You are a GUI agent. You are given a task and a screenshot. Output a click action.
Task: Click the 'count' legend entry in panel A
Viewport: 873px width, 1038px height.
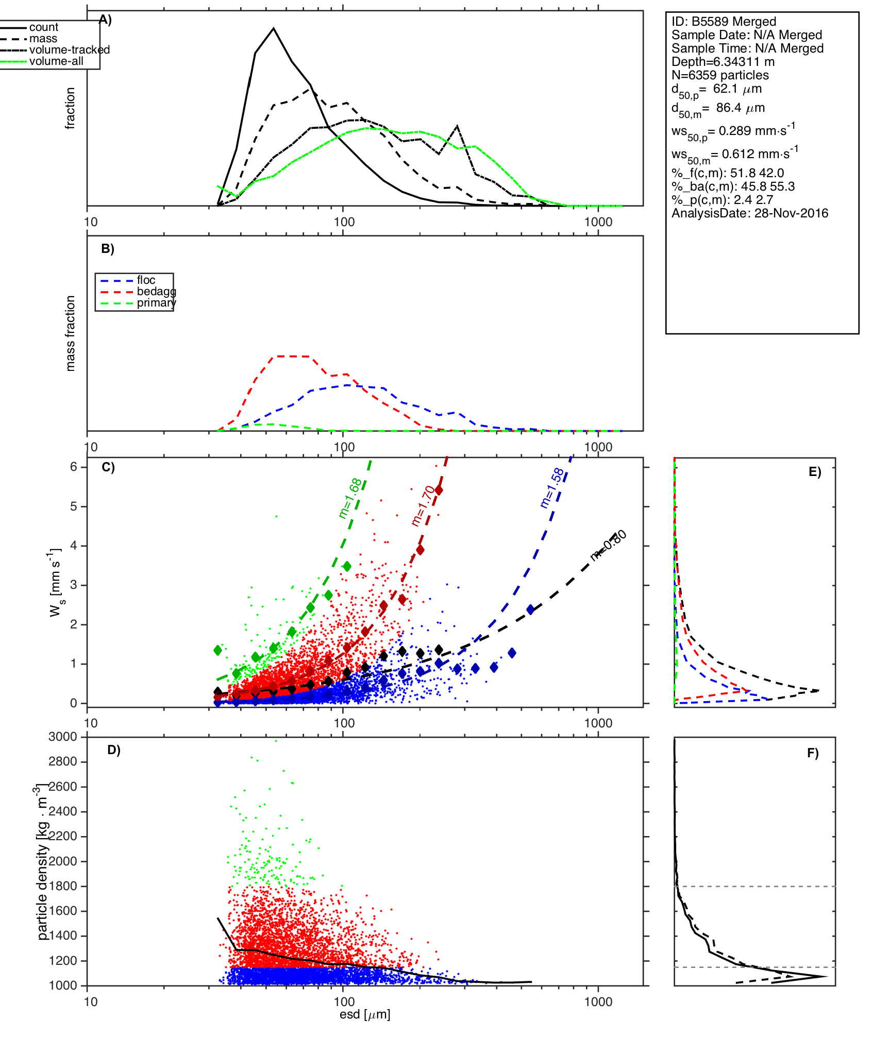43,27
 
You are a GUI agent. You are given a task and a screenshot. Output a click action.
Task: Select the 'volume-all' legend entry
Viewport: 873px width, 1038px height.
56,61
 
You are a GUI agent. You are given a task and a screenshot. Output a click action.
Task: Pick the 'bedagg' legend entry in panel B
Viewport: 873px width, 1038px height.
156,292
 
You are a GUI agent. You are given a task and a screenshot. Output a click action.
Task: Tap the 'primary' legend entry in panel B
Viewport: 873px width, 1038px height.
156,303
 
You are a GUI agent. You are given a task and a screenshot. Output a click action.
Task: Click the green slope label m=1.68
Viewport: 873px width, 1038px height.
350,498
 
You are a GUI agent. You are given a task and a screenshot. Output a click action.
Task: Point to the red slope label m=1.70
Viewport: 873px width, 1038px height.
423,505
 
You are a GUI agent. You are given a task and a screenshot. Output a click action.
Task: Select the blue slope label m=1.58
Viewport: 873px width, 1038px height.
552,487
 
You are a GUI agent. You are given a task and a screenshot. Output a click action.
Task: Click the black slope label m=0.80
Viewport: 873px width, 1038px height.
609,545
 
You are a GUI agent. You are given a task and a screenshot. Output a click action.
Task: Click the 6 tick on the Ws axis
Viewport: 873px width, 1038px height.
74,467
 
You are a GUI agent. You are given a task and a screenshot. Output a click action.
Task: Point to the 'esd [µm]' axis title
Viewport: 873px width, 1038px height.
365,1015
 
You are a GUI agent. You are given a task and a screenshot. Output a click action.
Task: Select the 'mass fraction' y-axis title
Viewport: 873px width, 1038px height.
71,333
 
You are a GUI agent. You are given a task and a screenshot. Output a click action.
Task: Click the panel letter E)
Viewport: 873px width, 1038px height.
815,472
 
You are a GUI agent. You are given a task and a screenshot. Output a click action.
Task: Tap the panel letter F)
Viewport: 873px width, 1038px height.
813,754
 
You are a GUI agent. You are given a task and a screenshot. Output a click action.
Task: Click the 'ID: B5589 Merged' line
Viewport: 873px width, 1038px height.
724,22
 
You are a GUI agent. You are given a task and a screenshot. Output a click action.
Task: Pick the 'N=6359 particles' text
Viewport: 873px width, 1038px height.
720,75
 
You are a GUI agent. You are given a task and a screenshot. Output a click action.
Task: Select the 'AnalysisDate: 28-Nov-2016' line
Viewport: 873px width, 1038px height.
750,213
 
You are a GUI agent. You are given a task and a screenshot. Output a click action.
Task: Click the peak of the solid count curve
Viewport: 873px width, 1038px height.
274,28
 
